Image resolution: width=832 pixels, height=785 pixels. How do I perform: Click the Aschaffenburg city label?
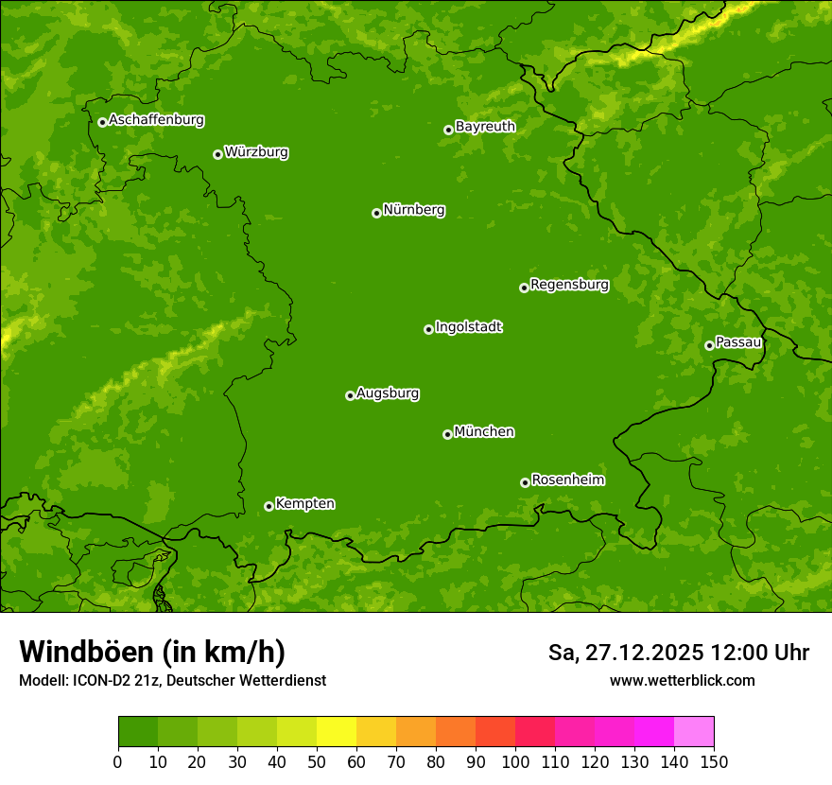click(x=156, y=120)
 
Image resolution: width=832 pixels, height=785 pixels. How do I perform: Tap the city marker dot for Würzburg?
click(x=217, y=154)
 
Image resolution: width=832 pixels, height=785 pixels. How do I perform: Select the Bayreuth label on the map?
click(x=485, y=127)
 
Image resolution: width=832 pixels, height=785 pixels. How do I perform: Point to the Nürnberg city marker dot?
click(x=376, y=213)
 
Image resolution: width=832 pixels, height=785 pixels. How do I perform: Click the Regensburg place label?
click(x=569, y=285)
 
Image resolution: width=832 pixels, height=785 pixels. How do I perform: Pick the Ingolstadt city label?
click(x=468, y=327)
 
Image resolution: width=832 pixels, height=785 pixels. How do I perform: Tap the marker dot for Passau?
click(x=709, y=345)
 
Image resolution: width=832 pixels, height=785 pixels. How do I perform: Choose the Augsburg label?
click(x=388, y=393)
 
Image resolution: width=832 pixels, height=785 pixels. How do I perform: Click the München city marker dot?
click(x=447, y=434)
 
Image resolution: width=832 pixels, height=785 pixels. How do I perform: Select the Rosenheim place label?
click(x=567, y=480)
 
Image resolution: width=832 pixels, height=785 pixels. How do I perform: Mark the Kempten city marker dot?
click(x=269, y=506)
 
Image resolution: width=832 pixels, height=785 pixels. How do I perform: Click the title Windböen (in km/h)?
click(x=152, y=652)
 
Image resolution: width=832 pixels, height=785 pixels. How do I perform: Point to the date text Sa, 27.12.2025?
click(x=625, y=653)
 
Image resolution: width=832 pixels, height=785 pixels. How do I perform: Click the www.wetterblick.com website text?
click(x=682, y=680)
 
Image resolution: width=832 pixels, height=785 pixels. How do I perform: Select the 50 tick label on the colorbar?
click(x=317, y=761)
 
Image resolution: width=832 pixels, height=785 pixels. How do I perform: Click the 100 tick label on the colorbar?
click(x=515, y=761)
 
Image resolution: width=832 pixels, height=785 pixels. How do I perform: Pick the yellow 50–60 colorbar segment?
click(x=337, y=732)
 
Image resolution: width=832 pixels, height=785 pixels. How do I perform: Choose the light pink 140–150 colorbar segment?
click(x=694, y=732)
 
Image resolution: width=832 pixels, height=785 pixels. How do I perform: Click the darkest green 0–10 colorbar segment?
click(x=138, y=732)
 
